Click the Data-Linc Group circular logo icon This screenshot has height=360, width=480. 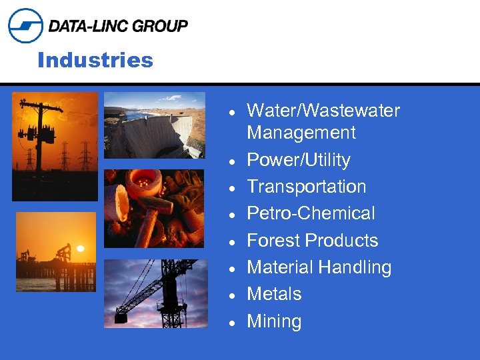click(25, 25)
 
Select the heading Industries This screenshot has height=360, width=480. click(95, 61)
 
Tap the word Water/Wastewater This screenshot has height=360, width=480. click(323, 111)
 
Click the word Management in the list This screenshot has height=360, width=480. click(301, 133)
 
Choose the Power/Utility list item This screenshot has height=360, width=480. click(298, 160)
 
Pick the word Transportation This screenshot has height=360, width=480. click(306, 187)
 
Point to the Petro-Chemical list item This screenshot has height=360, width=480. click(311, 213)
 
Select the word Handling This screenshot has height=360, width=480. click(355, 267)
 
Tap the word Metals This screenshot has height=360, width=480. click(274, 294)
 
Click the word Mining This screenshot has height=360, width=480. click(274, 321)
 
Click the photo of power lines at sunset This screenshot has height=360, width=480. click(55, 146)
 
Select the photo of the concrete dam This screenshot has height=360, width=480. click(154, 125)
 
